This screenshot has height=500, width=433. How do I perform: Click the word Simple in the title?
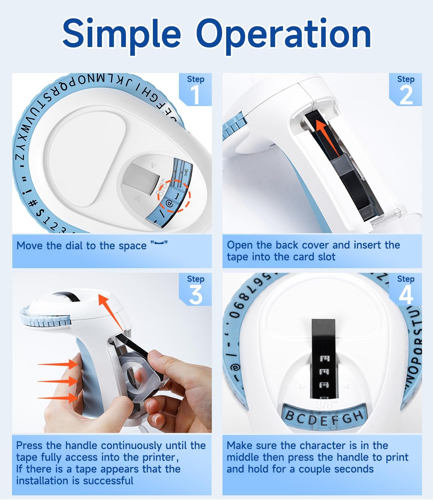tap(121, 33)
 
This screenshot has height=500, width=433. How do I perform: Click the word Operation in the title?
tap(283, 33)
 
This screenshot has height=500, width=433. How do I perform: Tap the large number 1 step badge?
tap(195, 95)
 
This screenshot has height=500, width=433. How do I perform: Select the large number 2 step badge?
tap(406, 95)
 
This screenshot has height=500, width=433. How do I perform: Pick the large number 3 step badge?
tap(195, 295)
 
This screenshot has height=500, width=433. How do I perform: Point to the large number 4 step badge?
tap(406, 295)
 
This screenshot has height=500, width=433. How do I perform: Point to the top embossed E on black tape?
tap(324, 360)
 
